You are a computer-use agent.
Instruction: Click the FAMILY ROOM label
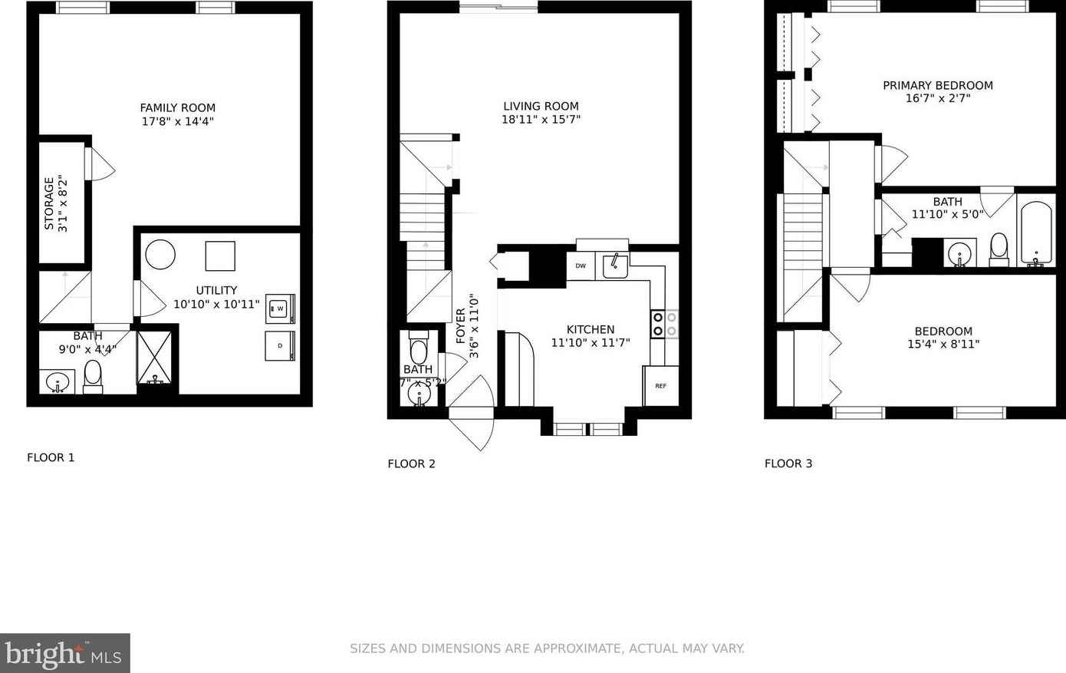tap(177, 108)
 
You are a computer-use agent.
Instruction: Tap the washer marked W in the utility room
tap(280, 308)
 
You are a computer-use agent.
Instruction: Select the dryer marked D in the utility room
tap(280, 345)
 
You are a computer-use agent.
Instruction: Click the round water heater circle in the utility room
tap(160, 254)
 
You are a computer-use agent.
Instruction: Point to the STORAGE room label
tap(50, 203)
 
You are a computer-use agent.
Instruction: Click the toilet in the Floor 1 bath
tap(93, 376)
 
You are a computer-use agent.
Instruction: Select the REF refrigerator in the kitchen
tap(660, 385)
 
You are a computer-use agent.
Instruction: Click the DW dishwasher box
tap(581, 266)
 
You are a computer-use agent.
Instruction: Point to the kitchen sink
tap(615, 266)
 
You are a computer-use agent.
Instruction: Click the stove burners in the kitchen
tap(665, 323)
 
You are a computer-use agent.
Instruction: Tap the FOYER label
tap(461, 326)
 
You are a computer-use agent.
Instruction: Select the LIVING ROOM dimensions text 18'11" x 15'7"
tap(541, 120)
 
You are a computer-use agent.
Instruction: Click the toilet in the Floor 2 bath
tap(418, 349)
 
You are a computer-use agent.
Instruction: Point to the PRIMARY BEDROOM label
tap(937, 85)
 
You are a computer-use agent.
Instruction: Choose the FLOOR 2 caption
tap(411, 464)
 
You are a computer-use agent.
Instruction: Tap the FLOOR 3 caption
tap(788, 464)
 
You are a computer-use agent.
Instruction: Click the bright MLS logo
tap(64, 653)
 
